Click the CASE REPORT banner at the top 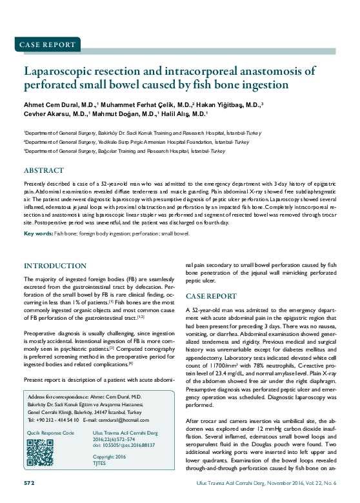(48, 44)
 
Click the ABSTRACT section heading (44, 171)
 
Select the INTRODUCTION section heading (55, 266)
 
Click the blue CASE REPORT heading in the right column (211, 296)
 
